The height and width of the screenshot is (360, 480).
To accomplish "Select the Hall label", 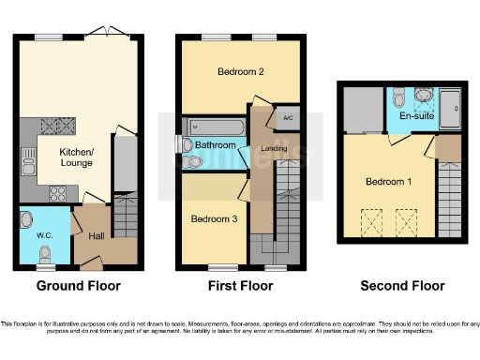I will (96, 236).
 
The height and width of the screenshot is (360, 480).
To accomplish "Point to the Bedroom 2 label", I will (239, 72).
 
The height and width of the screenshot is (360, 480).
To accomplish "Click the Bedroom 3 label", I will (214, 218).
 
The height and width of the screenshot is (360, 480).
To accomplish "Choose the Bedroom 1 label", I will (389, 181).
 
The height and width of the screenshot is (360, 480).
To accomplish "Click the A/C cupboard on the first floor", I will (286, 118).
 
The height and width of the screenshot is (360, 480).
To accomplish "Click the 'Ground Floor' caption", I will (78, 286).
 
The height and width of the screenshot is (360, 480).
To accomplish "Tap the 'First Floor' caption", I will (240, 286).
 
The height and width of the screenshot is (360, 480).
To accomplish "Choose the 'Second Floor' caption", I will (403, 286).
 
